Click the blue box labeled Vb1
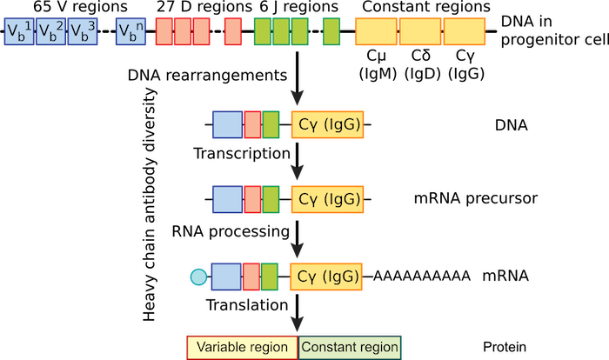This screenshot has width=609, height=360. coord(19,31)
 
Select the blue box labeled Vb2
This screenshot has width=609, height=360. coord(50,31)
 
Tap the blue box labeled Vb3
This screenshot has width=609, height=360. coord(83,31)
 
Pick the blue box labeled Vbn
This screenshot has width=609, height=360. coord(130,31)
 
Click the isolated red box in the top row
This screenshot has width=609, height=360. coord(232,31)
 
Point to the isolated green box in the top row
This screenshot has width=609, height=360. coord(331,31)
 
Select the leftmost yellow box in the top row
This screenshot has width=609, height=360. coord(376,31)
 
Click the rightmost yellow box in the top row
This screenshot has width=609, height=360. coord(465,31)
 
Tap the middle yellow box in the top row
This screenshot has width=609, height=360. coord(420,31)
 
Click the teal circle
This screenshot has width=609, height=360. coord(198,277)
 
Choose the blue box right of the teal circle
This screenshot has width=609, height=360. coord(225,277)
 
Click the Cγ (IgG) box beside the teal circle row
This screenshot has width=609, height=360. coord(327,277)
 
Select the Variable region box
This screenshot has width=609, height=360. coord(243,347)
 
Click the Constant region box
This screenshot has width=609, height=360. coord(351,347)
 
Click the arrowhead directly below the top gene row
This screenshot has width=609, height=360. coord(298,96)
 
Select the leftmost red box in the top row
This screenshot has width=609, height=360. coord(164,31)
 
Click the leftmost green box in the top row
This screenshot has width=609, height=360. coord(262,31)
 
